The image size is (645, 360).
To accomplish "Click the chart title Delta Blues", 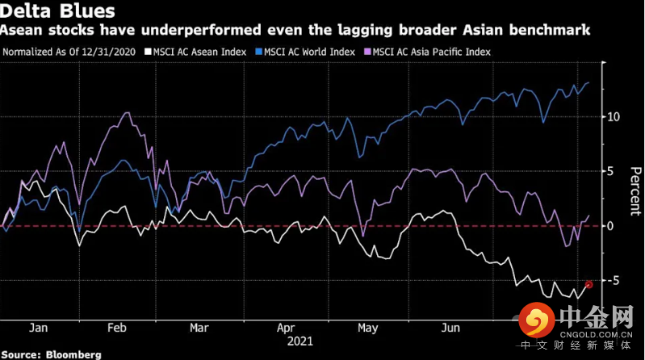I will tap(57, 12).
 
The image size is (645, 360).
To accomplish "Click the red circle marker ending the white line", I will tap(589, 284).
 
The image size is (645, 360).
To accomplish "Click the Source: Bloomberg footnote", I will tap(50, 354).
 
